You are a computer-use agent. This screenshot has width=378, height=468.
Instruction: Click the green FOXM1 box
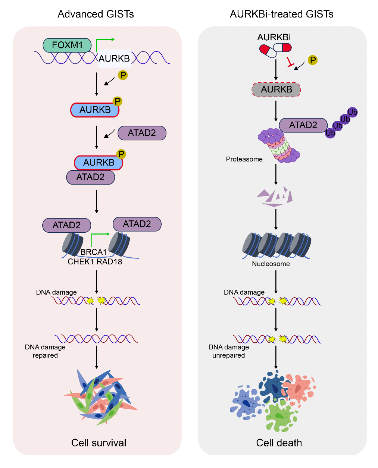click(x=67, y=45)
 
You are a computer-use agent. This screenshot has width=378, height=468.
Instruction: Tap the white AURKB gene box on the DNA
click(x=114, y=59)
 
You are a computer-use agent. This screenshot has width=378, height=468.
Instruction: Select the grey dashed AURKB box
click(x=277, y=89)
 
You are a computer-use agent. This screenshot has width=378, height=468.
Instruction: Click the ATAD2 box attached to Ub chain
click(x=303, y=125)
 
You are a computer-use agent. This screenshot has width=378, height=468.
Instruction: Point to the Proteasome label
click(x=244, y=159)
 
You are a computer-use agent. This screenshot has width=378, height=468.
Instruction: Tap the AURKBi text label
click(x=274, y=37)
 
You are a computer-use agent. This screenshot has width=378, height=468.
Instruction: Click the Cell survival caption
click(x=99, y=443)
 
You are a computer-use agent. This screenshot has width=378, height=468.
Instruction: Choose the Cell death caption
click(x=279, y=443)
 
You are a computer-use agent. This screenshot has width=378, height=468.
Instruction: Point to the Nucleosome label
click(x=271, y=264)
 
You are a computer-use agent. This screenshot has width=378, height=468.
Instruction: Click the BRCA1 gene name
click(x=94, y=252)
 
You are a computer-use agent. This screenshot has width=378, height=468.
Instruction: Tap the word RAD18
click(x=109, y=261)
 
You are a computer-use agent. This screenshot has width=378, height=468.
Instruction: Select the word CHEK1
click(x=81, y=261)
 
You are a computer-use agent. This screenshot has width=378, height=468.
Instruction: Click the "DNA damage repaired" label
click(x=45, y=351)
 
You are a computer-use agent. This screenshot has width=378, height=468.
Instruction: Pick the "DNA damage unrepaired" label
click(x=229, y=351)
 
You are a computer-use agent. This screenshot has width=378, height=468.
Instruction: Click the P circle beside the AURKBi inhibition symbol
click(x=313, y=60)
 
